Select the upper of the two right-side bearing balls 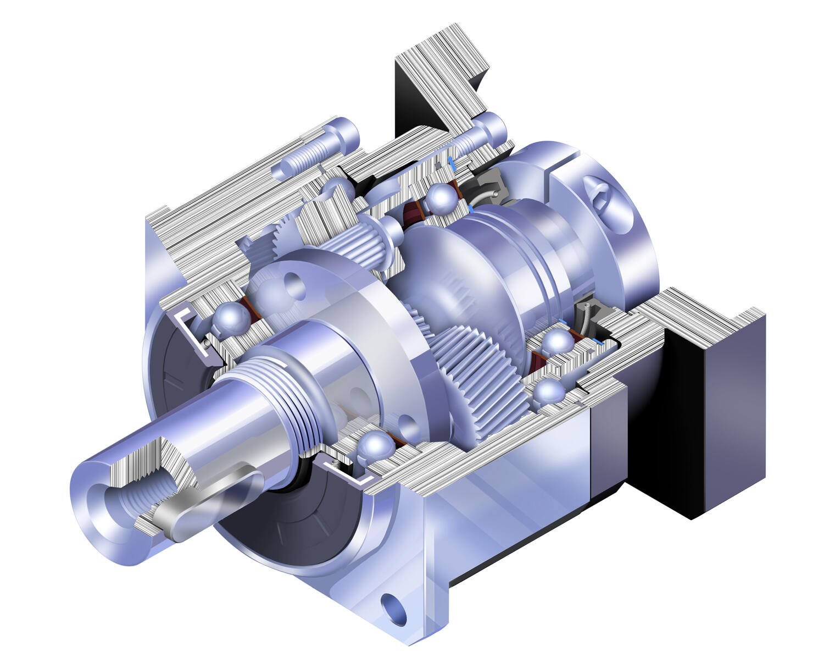(x=558, y=342)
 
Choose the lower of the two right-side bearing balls (x=549, y=391)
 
